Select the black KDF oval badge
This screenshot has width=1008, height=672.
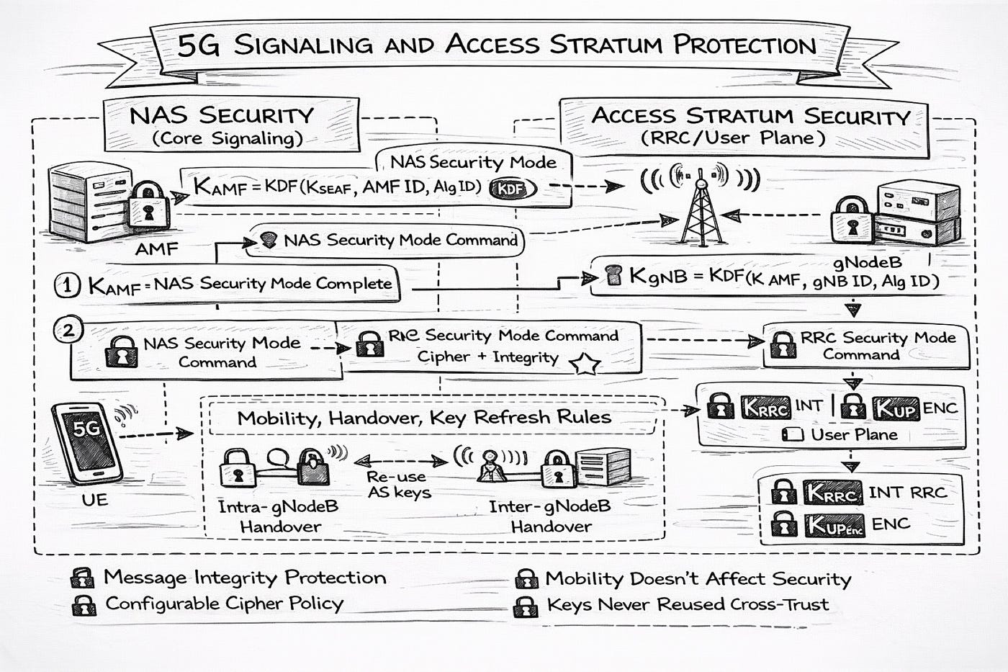tap(513, 189)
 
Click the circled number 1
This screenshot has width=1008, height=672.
tap(68, 285)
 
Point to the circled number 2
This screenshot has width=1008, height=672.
tap(68, 331)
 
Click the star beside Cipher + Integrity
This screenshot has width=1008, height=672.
tap(585, 364)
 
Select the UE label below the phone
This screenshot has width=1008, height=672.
tap(95, 498)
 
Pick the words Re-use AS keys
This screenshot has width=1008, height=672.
tap(399, 485)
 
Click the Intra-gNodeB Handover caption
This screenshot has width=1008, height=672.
tap(279, 516)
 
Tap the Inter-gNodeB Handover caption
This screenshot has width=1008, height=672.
tap(550, 516)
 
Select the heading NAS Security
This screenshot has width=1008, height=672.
tap(222, 115)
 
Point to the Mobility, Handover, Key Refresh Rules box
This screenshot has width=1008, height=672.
tap(424, 418)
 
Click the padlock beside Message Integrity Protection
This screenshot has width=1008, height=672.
tap(83, 578)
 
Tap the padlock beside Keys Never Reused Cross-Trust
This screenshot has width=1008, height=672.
tap(526, 606)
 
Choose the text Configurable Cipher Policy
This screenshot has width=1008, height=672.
tap(224, 604)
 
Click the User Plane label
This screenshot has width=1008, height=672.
tap(854, 435)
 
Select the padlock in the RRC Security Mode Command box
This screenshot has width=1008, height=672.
tap(783, 346)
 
